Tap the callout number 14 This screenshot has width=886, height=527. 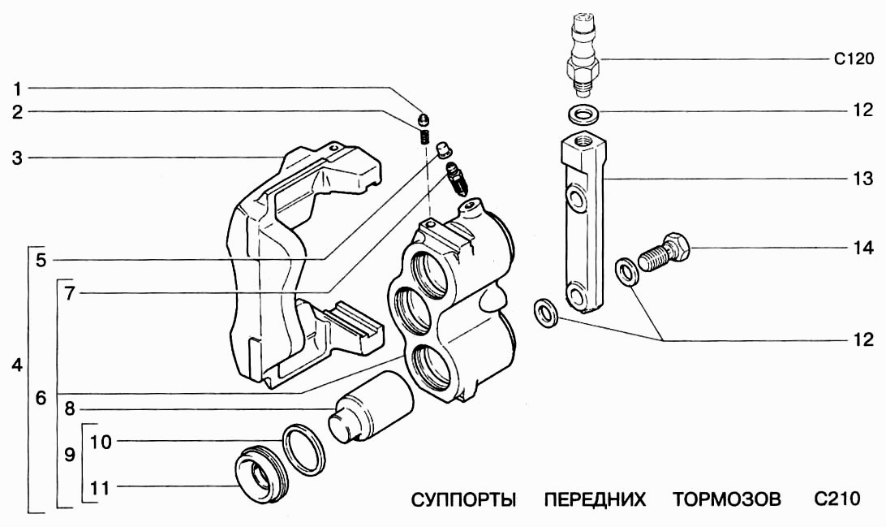click(862, 248)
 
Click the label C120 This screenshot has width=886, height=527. click(854, 58)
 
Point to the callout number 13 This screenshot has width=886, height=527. click(862, 177)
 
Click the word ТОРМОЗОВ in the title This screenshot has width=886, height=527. click(726, 499)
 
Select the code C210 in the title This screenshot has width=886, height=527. click(834, 499)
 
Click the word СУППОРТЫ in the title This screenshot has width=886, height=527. click(464, 499)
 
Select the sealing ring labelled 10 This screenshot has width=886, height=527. click(305, 449)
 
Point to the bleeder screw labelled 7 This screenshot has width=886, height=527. click(458, 179)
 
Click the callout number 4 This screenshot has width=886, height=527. click(17, 365)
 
